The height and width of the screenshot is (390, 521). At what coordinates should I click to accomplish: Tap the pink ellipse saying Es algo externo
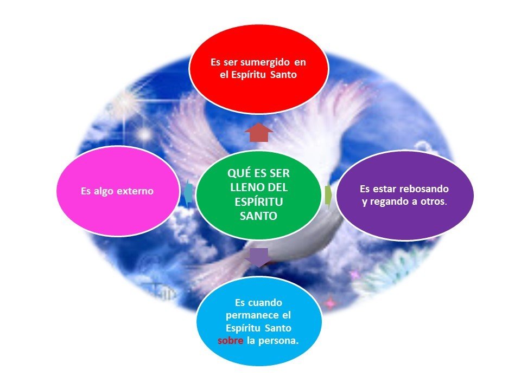click(x=117, y=191)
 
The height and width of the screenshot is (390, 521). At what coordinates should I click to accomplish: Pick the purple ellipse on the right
click(x=404, y=195)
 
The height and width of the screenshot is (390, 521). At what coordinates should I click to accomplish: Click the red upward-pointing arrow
click(x=259, y=132)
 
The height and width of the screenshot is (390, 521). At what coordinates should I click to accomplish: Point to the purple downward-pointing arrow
click(x=258, y=257)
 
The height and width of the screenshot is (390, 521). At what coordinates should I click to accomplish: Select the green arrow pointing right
click(x=329, y=196)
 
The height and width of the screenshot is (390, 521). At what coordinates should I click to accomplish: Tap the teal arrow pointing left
click(x=188, y=192)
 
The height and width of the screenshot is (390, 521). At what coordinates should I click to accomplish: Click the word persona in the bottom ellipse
click(x=279, y=341)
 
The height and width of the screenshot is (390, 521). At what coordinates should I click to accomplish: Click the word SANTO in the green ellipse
click(x=258, y=216)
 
